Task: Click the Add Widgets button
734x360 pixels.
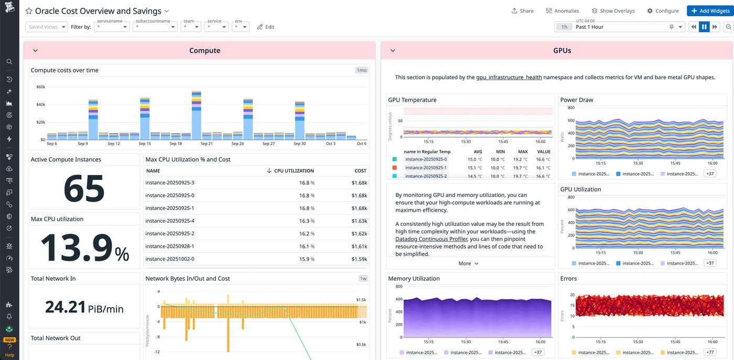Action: click(x=708, y=10)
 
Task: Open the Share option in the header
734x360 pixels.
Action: click(x=522, y=10)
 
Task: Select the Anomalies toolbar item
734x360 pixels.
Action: click(x=562, y=10)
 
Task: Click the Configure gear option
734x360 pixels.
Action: click(x=663, y=10)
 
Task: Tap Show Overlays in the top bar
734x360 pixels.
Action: click(x=613, y=10)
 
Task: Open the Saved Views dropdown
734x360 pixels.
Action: click(x=47, y=27)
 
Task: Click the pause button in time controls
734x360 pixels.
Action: click(x=704, y=27)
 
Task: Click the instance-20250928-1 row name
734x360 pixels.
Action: click(x=170, y=246)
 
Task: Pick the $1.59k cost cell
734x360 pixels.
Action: click(x=359, y=259)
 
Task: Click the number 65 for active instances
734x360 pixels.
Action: click(x=84, y=188)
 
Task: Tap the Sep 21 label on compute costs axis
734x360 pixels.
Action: click(x=207, y=144)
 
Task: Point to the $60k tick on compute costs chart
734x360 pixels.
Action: click(x=40, y=87)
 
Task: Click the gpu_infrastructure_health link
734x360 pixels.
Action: click(x=509, y=78)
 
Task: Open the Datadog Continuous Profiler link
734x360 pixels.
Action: click(x=431, y=239)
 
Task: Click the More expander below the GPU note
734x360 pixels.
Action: click(x=468, y=264)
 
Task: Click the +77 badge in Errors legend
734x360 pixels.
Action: click(x=710, y=352)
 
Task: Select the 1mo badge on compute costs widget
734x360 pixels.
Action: click(x=361, y=70)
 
